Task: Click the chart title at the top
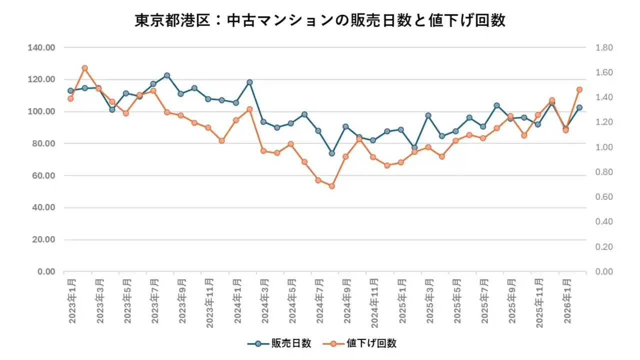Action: coord(320,20)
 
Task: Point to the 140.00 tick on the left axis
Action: coord(42,47)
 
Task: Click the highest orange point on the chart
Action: coord(85,68)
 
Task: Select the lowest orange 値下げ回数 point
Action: coord(331,186)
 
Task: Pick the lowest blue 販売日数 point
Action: coord(331,153)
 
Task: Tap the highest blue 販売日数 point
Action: coord(167,75)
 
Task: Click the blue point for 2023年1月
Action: coord(70,91)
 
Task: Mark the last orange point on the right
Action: coord(579,89)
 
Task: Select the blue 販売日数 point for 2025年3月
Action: coord(428,115)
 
